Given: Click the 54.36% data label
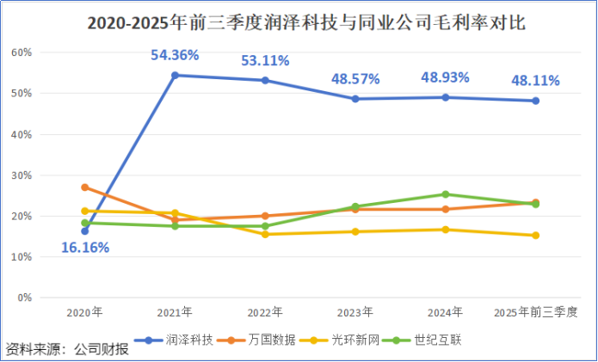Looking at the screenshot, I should point(175,55).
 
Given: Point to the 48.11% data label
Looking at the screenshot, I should point(535,81).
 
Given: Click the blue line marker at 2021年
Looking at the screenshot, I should point(176,75).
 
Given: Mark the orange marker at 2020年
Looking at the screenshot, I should point(84,187).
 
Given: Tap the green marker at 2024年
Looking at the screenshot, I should point(446,194).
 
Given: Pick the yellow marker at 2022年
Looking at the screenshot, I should point(265,234).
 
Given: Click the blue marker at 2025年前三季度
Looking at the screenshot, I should point(535,101).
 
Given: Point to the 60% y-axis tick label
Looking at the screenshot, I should point(22,52).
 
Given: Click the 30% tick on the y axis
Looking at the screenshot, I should point(22,175).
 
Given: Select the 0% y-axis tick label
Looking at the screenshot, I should point(24,298).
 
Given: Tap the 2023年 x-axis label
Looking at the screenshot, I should point(355,311).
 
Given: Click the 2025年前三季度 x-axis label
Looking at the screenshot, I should point(535,311).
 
